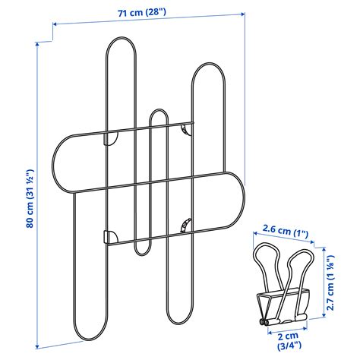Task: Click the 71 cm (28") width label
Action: [142, 12]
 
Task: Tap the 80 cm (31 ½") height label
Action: [30, 199]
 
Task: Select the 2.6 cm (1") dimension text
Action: [286, 230]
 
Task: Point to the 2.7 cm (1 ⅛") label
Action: [330, 283]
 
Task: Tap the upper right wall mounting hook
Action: [185, 129]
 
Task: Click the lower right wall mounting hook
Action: [186, 226]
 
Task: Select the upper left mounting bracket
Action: [111, 138]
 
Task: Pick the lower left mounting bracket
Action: [111, 237]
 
